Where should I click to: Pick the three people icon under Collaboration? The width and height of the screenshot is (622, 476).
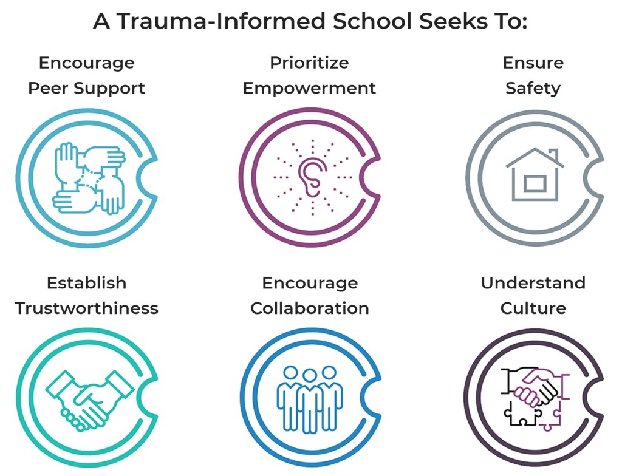pos(310,398)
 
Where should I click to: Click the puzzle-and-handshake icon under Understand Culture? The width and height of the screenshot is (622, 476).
pos(533,398)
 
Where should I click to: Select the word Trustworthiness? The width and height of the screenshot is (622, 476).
pos(87,308)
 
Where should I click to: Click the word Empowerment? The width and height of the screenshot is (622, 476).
pos(309,89)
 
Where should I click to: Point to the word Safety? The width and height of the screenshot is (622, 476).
pos(533,89)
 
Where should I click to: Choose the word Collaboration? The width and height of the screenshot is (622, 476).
pos(310,308)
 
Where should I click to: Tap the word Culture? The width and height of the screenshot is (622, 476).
pos(533,308)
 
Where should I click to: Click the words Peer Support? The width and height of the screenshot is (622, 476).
pos(87,89)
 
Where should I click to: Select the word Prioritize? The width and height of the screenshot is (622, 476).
pos(309,63)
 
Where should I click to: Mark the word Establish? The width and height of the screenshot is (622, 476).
pos(87,283)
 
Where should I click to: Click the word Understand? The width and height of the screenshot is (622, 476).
pos(533,283)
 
